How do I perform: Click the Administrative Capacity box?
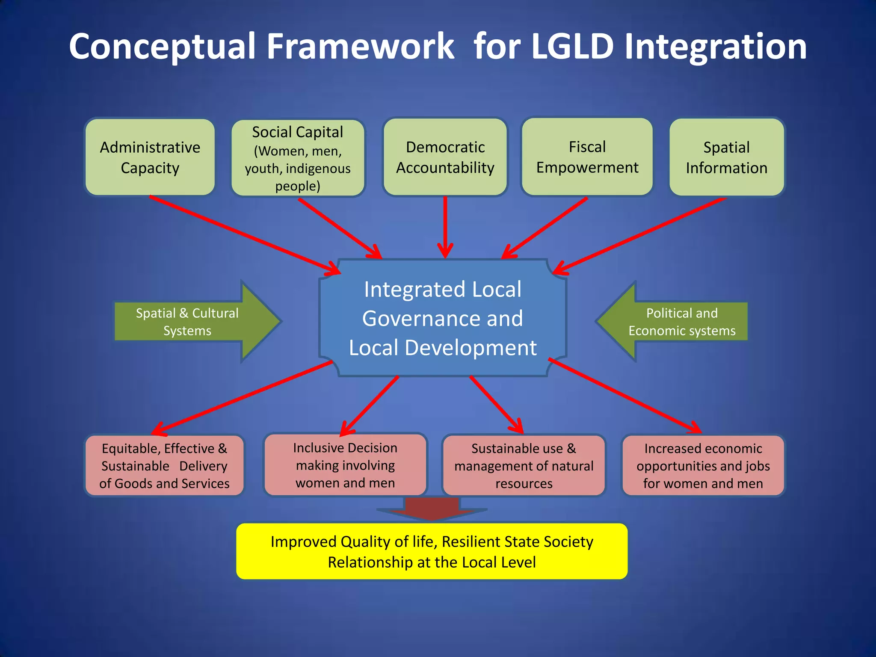pyautogui.click(x=150, y=157)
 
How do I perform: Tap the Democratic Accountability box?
pyautogui.click(x=445, y=157)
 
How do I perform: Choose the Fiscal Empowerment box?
pyautogui.click(x=587, y=157)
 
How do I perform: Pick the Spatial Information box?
pyautogui.click(x=726, y=157)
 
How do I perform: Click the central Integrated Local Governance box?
pyautogui.click(x=443, y=318)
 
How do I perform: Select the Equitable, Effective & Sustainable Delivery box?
pyautogui.click(x=164, y=465)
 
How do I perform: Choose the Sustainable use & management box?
pyautogui.click(x=524, y=465)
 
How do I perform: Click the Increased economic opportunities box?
pyautogui.click(x=703, y=465)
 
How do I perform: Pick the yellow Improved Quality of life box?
pyautogui.click(x=432, y=551)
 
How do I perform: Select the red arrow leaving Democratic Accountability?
pyautogui.click(x=445, y=227)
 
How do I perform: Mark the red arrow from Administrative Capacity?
pyautogui.click(x=244, y=234)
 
